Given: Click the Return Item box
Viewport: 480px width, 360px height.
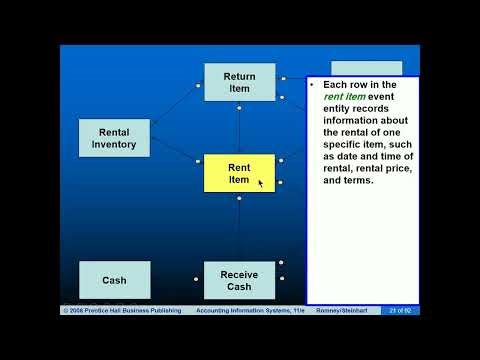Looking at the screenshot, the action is coord(239,82).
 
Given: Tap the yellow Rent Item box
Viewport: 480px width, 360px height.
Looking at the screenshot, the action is coord(239,173).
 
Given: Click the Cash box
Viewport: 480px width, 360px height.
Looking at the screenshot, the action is coord(115,280).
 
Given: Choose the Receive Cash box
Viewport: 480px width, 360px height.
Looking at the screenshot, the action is coord(239,280).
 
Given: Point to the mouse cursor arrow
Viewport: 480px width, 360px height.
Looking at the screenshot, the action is coord(260,182).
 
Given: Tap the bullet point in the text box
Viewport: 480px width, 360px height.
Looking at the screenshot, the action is coord(312,85).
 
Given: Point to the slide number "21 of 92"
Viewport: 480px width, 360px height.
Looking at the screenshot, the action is coord(401,311).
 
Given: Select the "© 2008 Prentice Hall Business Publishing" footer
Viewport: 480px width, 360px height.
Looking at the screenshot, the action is coord(122,311).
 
